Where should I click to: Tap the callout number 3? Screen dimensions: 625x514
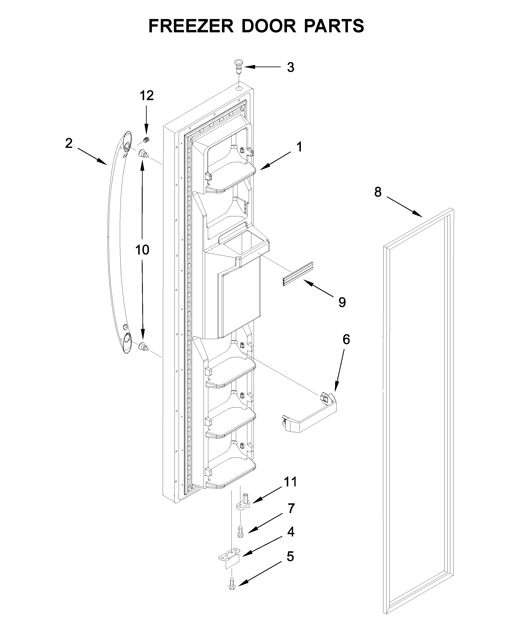(291, 68)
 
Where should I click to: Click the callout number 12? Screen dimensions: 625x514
(147, 96)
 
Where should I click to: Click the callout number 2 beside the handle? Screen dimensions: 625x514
(69, 143)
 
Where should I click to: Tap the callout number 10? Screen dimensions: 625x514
(142, 250)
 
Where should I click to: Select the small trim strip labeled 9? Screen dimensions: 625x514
(298, 274)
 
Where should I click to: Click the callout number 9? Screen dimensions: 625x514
(342, 302)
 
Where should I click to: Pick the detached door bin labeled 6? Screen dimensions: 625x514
(309, 414)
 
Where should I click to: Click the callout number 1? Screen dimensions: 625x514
(300, 147)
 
